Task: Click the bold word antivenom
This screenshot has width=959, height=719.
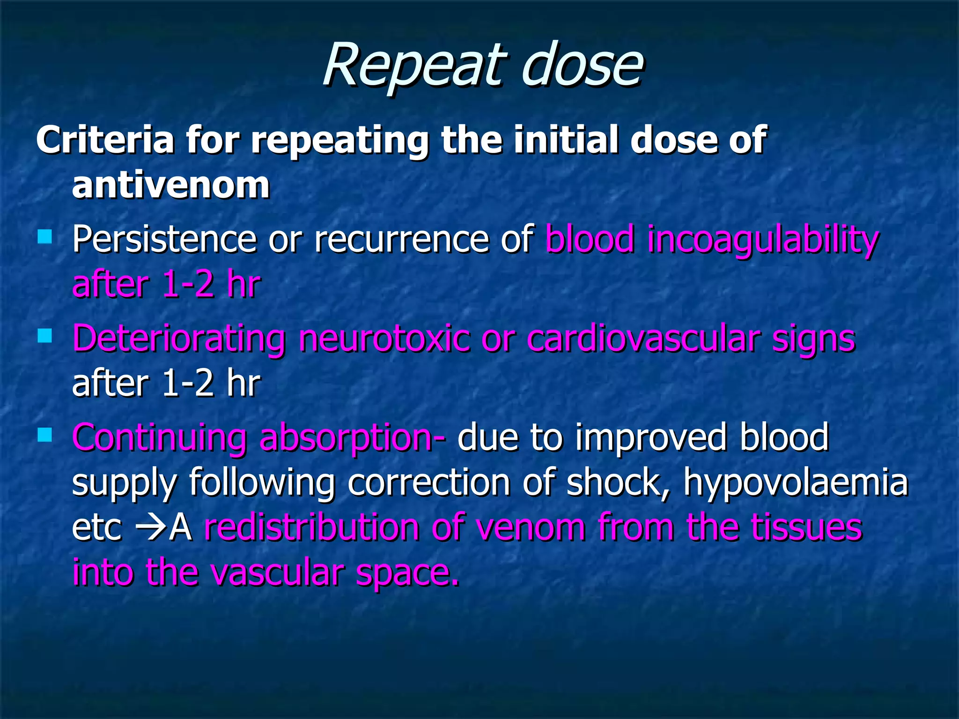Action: (x=171, y=185)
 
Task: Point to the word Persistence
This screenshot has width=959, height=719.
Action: (x=164, y=239)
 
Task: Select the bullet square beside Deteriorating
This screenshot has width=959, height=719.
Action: (x=45, y=336)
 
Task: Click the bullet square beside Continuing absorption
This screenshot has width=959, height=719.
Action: (x=45, y=435)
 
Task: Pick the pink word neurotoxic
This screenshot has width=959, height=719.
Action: (x=384, y=338)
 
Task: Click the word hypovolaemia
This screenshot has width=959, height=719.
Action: (x=796, y=483)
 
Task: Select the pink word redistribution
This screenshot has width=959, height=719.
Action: (x=311, y=528)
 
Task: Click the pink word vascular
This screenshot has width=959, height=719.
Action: (x=277, y=573)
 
